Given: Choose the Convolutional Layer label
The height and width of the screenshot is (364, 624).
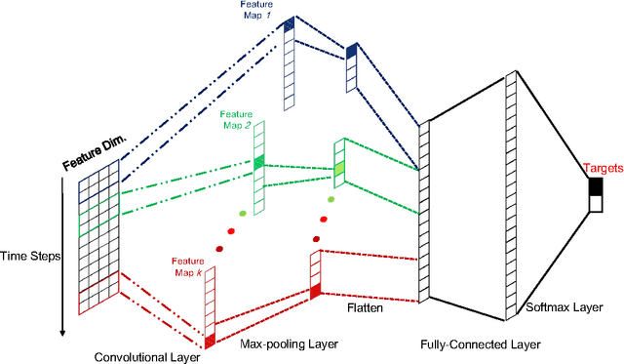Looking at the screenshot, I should (x=146, y=356).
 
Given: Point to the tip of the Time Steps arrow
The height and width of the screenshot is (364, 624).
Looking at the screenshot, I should (x=61, y=336).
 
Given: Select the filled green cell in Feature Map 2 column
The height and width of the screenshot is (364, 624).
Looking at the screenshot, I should (x=259, y=165).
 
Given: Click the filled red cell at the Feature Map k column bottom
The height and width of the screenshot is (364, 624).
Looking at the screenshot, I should (x=209, y=340).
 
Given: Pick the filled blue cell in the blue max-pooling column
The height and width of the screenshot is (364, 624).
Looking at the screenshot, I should (x=352, y=52).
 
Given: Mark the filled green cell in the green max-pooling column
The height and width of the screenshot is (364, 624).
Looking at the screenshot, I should (x=339, y=172).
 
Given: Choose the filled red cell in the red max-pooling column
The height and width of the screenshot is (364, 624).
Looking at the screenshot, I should (x=315, y=291).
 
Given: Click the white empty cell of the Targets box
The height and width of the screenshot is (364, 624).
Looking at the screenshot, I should (x=595, y=203).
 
